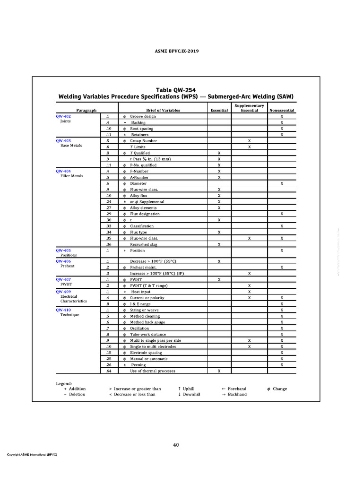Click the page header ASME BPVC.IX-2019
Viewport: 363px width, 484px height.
tap(176, 51)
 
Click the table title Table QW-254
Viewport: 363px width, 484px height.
tap(176, 90)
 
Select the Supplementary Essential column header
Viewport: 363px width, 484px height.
tap(249, 108)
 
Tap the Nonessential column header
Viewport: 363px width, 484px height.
tap(282, 110)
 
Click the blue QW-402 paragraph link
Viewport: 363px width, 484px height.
tap(63, 116)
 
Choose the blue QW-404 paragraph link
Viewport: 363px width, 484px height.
tap(63, 171)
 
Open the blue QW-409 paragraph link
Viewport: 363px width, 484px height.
tap(63, 292)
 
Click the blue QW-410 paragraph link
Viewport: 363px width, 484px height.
tap(63, 310)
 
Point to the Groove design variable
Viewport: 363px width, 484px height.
tap(143, 116)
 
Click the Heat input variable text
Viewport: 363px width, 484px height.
tap(141, 292)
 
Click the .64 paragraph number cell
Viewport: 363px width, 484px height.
tap(108, 371)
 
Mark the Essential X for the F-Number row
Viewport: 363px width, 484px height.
tap(219, 171)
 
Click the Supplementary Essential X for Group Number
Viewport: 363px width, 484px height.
tap(249, 141)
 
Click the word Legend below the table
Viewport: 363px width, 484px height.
tap(64, 383)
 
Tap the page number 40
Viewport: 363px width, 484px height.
tap(176, 445)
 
